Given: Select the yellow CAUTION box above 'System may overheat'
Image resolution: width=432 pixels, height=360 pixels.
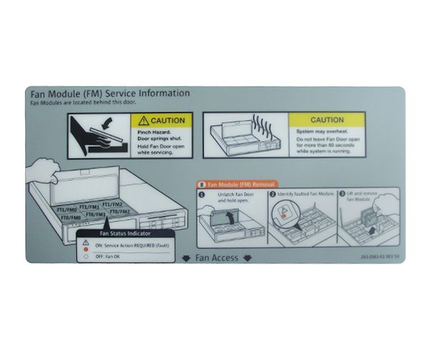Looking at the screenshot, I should click(325, 120).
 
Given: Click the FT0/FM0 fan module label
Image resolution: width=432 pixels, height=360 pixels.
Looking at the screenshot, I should click(70, 217).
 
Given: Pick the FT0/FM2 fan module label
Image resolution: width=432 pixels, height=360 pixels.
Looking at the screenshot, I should click(119, 212).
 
